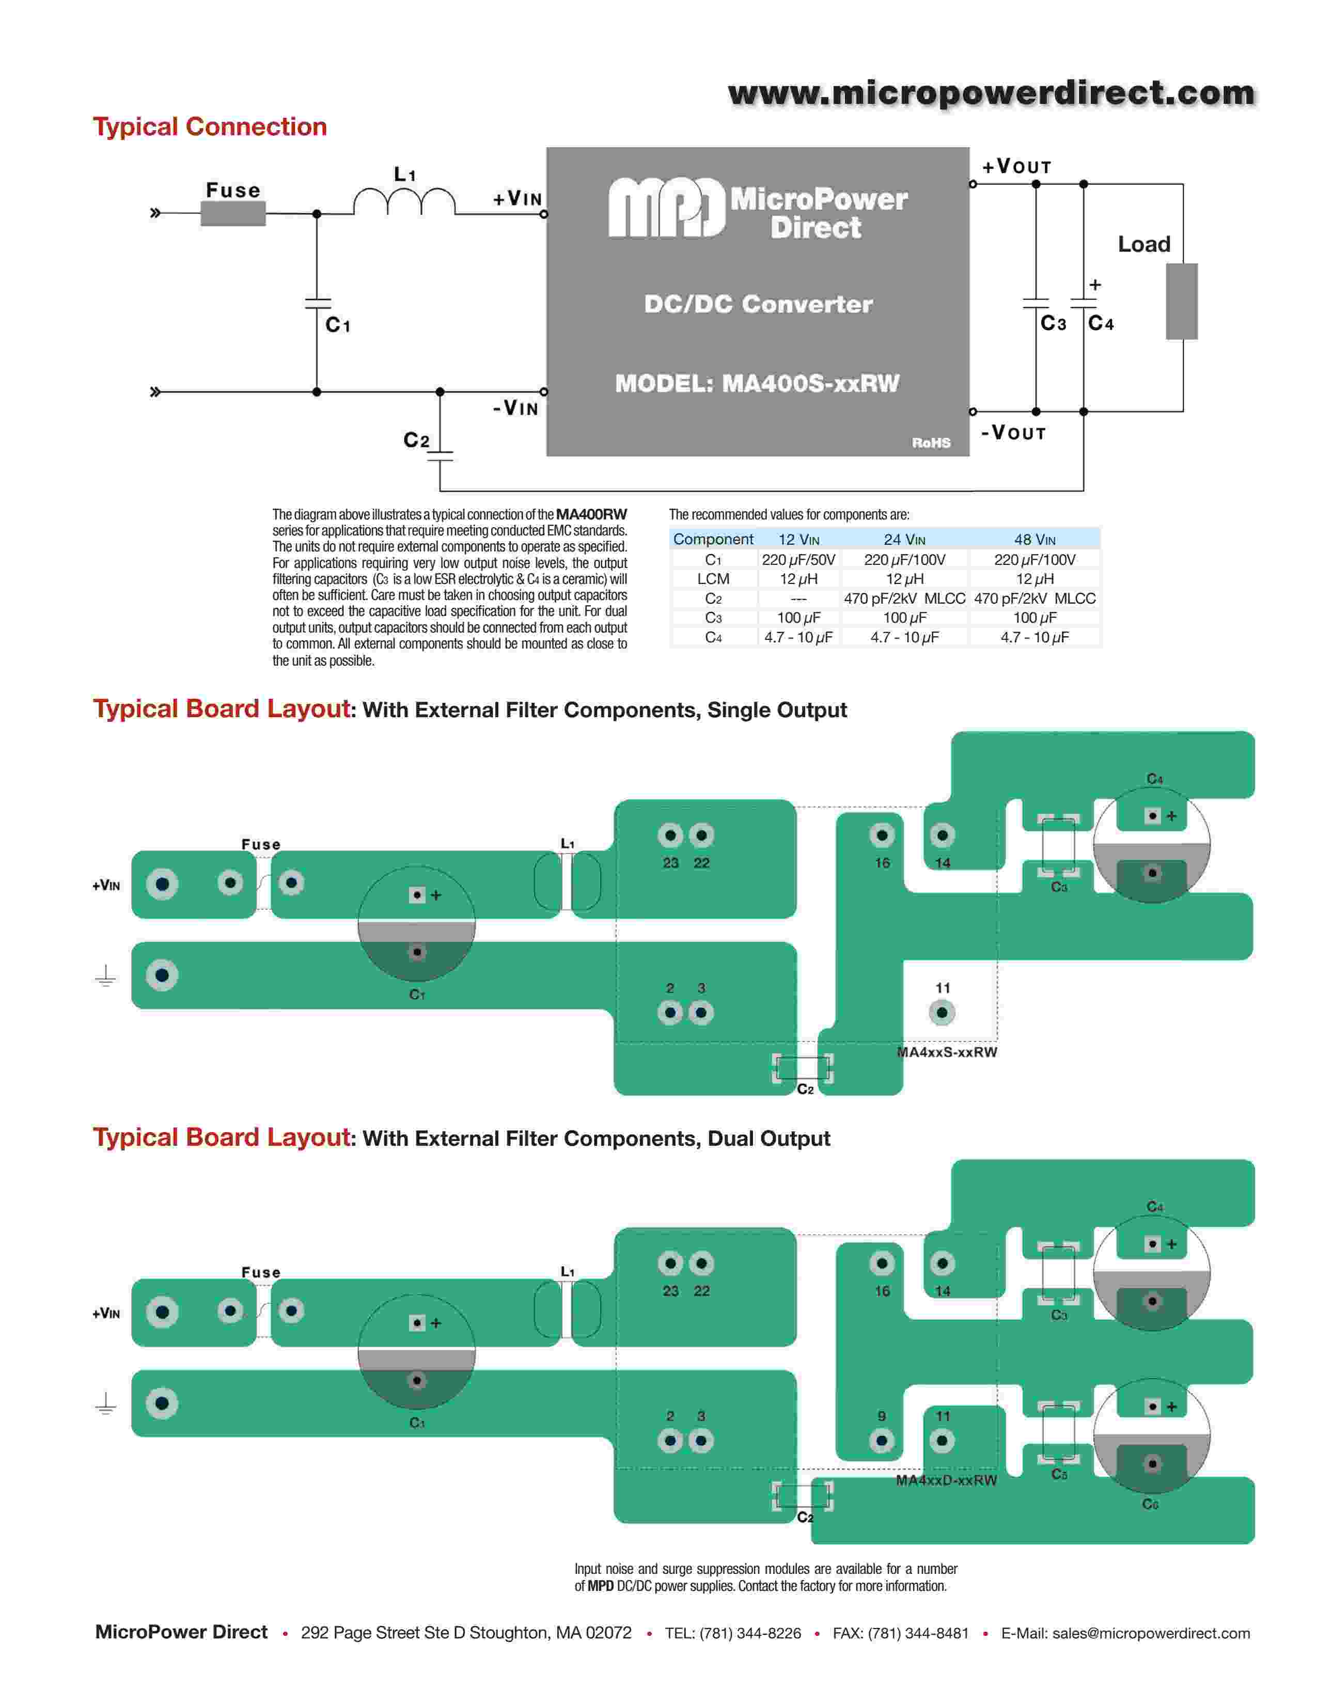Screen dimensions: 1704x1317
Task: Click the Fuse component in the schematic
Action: coord(232,213)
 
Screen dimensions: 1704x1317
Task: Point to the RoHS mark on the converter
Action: coord(931,443)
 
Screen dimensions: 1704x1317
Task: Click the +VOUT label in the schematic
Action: coord(1016,167)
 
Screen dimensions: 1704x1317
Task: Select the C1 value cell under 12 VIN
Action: coord(798,559)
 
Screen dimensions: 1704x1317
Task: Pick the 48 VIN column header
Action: coord(1034,539)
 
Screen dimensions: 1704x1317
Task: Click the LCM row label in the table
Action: coord(713,579)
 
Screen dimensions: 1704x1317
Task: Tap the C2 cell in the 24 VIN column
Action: coord(904,598)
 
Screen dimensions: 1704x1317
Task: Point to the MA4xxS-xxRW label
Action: coord(946,1052)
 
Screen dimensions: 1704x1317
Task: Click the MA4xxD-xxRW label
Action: coord(946,1480)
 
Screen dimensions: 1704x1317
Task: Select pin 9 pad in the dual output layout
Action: coord(882,1440)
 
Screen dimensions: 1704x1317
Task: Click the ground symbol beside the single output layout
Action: coord(105,976)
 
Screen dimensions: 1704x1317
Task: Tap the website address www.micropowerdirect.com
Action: coord(991,93)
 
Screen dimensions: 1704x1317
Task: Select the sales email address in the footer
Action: coord(1151,1633)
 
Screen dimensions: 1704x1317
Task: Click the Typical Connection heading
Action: coord(210,127)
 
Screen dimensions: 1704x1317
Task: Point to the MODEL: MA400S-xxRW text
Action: coord(757,383)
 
